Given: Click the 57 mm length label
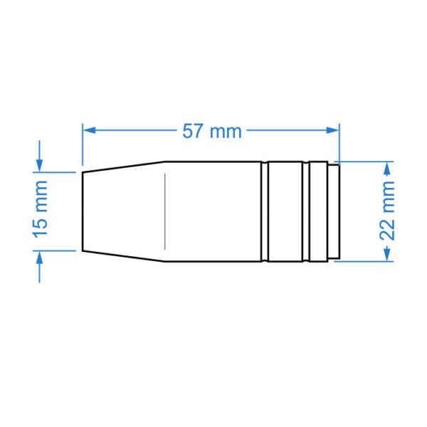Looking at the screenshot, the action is click(x=212, y=131).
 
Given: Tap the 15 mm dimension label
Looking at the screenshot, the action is click(x=41, y=209).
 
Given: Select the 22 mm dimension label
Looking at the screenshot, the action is click(x=387, y=211).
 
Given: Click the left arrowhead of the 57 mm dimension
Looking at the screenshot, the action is click(x=89, y=130).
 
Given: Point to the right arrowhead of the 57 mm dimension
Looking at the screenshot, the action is click(x=332, y=130).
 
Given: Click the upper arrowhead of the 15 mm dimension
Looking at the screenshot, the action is click(x=40, y=166).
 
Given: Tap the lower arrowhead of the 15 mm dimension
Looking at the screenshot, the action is click(x=40, y=258).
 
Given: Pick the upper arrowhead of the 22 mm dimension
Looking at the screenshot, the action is click(x=387, y=168).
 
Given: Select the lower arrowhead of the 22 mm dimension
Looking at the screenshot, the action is click(x=387, y=255).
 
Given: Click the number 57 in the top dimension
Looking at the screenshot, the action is click(x=193, y=131).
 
